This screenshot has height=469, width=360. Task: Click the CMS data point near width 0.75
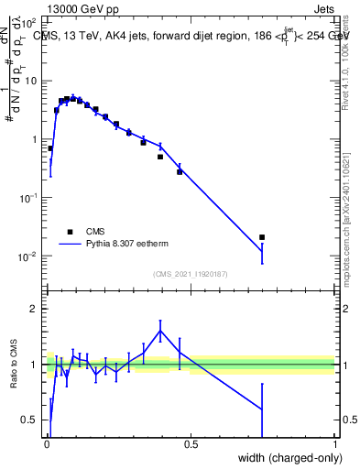262,237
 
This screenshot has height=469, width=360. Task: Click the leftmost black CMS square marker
50,148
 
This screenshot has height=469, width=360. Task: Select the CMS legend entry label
96,232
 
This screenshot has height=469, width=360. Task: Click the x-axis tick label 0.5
191,445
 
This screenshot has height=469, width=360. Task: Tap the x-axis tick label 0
47,445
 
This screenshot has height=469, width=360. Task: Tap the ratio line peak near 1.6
160,331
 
